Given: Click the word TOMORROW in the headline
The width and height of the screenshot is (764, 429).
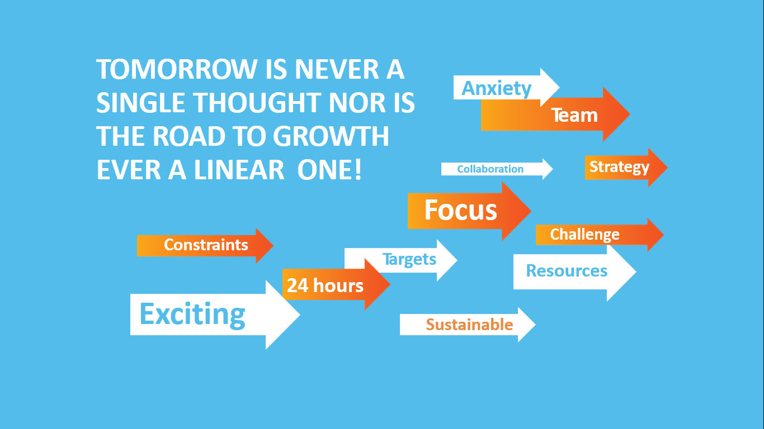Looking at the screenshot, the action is [x=177, y=69].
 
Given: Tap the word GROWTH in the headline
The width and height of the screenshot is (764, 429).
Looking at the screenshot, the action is [x=331, y=136].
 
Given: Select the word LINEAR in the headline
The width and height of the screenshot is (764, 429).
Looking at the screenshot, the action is [x=239, y=169].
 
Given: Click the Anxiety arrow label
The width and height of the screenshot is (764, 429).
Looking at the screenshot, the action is [x=496, y=89].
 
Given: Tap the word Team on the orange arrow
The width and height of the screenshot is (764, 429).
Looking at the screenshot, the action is [x=574, y=115].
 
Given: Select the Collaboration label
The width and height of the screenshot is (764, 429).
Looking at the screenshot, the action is [x=490, y=169].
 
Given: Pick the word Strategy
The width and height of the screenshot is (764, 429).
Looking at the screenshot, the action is [x=619, y=168].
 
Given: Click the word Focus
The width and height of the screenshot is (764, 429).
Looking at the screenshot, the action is [x=460, y=210].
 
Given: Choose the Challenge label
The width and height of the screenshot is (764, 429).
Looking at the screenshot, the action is [x=584, y=235].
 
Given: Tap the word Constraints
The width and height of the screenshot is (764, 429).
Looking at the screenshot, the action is [x=206, y=245].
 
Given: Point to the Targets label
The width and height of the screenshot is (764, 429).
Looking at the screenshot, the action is [x=409, y=259].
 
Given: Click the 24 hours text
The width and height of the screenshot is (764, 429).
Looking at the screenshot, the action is [x=325, y=285].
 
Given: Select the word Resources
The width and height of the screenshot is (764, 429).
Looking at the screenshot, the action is [x=567, y=271].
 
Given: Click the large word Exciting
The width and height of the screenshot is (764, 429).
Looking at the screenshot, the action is [x=192, y=314].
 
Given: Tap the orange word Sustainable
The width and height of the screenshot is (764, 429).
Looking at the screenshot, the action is [x=469, y=325].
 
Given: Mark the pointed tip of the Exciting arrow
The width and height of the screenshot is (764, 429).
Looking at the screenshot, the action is [x=300, y=315].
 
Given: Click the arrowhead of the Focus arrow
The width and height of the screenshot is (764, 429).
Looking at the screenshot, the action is [x=516, y=211].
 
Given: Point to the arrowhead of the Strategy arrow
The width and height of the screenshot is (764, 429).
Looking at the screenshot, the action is [x=658, y=168].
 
